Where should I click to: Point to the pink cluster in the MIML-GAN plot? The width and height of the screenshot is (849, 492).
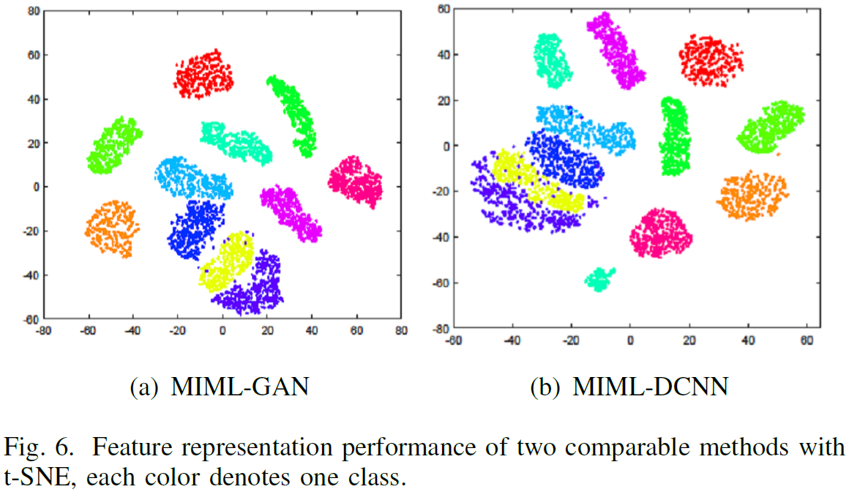pos(356,182)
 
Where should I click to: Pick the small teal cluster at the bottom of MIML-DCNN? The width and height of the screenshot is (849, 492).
pos(600,279)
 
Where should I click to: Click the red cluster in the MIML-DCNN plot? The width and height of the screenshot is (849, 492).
pos(710,60)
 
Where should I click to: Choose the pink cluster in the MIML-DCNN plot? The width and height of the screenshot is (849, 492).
pos(660,234)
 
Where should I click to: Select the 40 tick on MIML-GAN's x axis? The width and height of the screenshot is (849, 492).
pos(312,331)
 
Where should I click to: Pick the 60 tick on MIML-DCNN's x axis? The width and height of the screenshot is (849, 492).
pos(807,340)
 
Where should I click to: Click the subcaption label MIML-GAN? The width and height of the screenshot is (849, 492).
pos(239,386)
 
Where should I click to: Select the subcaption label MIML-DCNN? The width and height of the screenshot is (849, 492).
pos(650,386)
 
